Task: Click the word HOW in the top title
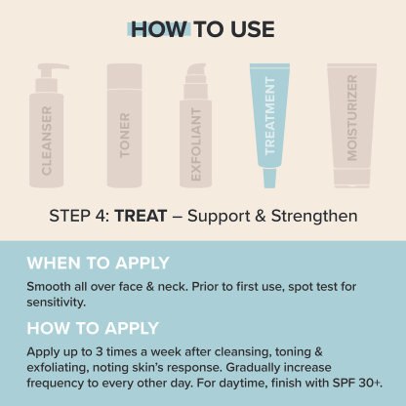tap(159, 29)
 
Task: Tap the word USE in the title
tap(253, 29)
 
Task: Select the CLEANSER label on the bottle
tap(47, 141)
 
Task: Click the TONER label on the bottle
tap(125, 136)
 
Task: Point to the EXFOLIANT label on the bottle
tap(196, 144)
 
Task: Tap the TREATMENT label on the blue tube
tap(270, 116)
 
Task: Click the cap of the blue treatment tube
tap(270, 179)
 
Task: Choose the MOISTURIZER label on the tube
tap(352, 118)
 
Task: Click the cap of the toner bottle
tap(125, 76)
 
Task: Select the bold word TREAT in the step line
tap(141, 216)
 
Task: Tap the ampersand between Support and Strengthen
tap(261, 216)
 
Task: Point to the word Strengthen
tap(314, 216)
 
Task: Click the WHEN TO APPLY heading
tap(98, 263)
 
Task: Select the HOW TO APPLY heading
tap(93, 328)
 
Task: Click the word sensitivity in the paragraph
tap(56, 303)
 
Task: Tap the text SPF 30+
tap(357, 383)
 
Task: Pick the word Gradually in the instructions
tap(253, 368)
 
